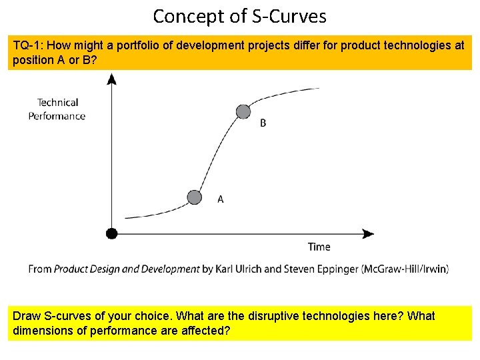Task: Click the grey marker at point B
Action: pos(243,111)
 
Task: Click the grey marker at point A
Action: pos(194,197)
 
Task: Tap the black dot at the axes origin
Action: pos(111,233)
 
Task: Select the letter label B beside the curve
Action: pos(263,123)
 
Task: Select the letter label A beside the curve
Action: pos(221,199)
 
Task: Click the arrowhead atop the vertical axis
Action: pos(111,79)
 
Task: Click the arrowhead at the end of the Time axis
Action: pos(367,233)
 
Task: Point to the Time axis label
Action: pos(319,247)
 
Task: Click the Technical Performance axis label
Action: pos(57,109)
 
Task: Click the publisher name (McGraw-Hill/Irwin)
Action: pos(405,269)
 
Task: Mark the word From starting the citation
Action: pos(39,269)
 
